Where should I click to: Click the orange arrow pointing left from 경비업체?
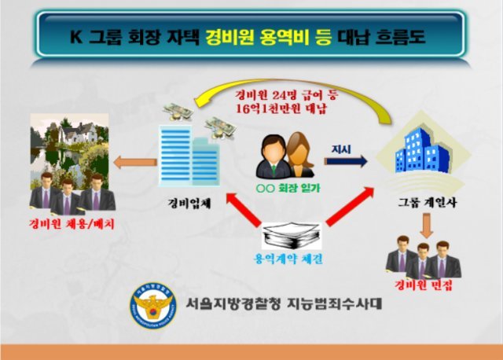point(135,163)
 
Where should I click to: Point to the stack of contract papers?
point(289,234)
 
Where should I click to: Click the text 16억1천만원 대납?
point(285,109)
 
